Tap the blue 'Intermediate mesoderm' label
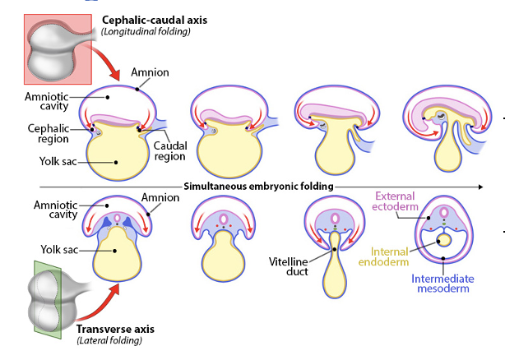tap(442, 284)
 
